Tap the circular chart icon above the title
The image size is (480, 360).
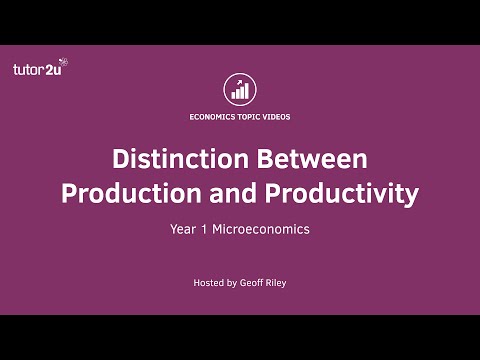(240, 87)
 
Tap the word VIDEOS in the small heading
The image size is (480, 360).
(280, 116)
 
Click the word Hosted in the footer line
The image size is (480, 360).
(209, 283)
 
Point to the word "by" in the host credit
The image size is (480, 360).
(232, 283)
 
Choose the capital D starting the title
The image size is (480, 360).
(119, 160)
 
